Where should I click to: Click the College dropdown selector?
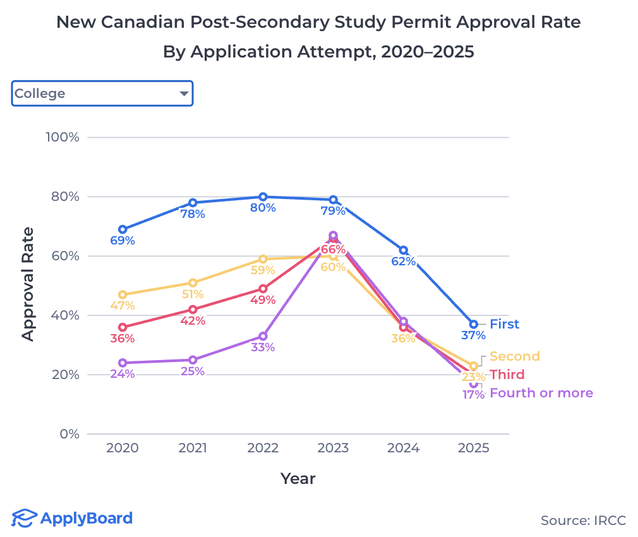pos(102,94)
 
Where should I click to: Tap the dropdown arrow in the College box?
pos(184,94)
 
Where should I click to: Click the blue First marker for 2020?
pos(123,229)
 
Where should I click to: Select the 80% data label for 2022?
pos(263,208)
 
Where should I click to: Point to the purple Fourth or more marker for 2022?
pos(263,336)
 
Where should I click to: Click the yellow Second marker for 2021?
pos(193,283)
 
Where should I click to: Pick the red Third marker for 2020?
pos(123,327)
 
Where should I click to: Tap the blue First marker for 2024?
pos(404,250)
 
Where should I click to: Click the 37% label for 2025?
pos(473,335)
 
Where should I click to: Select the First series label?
pos(504,324)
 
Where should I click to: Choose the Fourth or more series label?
pos(541,393)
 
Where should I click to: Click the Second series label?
pos(514,356)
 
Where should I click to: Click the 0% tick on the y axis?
pos(69,434)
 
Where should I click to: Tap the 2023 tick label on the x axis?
pos(333,448)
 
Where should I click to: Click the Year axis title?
pos(298,478)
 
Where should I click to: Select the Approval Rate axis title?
pos(28,284)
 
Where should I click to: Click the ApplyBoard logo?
pos(73,519)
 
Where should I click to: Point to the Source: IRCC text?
pos(583,521)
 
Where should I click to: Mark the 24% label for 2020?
pos(123,373)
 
